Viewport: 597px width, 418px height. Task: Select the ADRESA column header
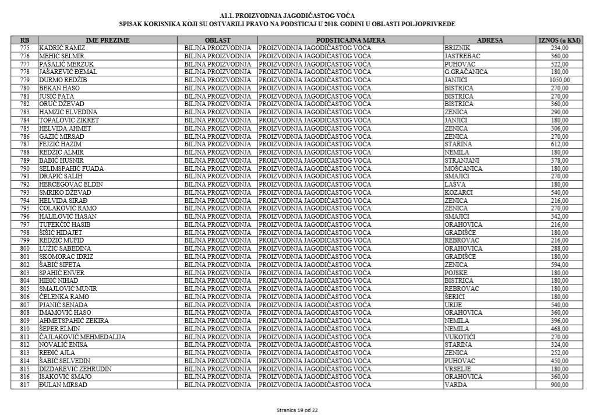click(490, 40)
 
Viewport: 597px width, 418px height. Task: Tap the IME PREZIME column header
click(108, 40)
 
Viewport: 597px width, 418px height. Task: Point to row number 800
click(24, 248)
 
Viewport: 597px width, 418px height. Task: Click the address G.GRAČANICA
click(466, 72)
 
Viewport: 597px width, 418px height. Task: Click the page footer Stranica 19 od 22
click(297, 410)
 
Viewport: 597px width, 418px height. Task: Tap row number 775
click(24, 48)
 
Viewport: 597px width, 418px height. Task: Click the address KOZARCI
click(458, 192)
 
